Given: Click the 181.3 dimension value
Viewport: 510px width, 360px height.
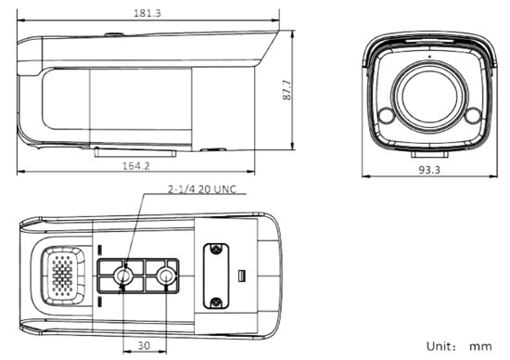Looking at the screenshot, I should (147, 13).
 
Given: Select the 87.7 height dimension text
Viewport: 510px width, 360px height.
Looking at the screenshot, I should (287, 90).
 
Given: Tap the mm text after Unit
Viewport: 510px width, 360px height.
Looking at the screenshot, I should (480, 345).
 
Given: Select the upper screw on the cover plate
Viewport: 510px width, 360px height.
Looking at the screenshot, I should (216, 251).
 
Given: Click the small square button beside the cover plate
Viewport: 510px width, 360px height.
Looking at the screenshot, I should (240, 276).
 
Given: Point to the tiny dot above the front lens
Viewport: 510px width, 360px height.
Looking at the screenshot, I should (428, 57).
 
